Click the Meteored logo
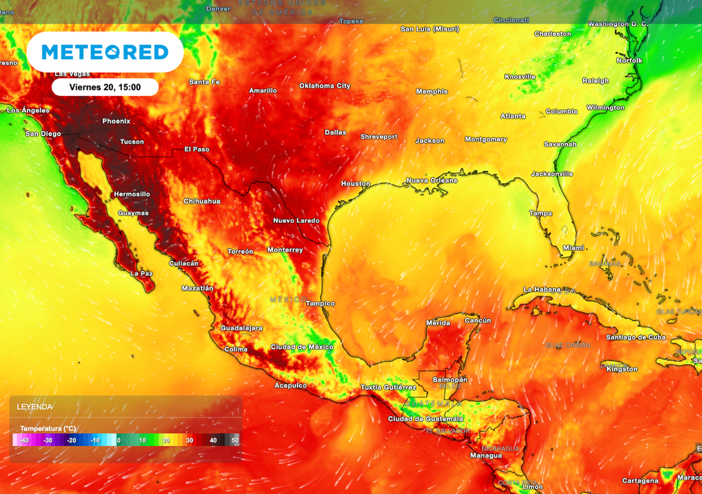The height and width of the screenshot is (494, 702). point(105,52)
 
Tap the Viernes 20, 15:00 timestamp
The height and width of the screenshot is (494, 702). point(105,87)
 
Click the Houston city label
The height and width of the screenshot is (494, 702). point(356,184)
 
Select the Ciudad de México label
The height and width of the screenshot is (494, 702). point(302,346)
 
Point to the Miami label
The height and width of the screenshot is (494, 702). point(573,248)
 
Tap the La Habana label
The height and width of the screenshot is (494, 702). point(547,290)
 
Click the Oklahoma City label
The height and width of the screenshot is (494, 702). point(324,86)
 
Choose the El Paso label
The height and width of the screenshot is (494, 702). point(197,149)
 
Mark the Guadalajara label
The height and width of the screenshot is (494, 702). point(241,328)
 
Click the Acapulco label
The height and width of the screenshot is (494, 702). point(290,386)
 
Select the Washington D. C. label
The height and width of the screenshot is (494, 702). point(617,24)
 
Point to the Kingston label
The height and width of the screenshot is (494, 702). point(622,369)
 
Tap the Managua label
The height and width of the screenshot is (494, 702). point(485,456)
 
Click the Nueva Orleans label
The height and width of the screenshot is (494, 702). point(432,180)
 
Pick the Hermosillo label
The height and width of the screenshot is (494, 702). point(132,194)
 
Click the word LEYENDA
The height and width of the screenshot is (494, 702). point(35,407)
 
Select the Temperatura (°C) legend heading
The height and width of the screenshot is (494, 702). point(48,428)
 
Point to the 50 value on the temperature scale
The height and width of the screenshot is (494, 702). point(234,440)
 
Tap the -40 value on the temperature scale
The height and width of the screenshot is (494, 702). point(24,440)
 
